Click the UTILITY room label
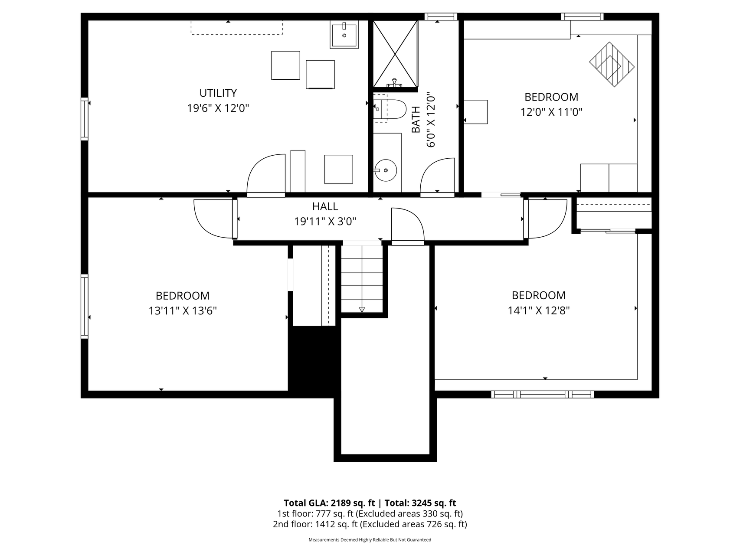pyautogui.click(x=218, y=93)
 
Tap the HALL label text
pyautogui.click(x=325, y=206)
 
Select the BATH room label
pyautogui.click(x=416, y=120)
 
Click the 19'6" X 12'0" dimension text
pyautogui.click(x=218, y=108)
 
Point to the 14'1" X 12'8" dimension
pyautogui.click(x=538, y=310)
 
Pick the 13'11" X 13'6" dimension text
pyautogui.click(x=183, y=311)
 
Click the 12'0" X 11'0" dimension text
pyautogui.click(x=551, y=112)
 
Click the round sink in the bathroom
pyautogui.click(x=386, y=170)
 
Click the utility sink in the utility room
pyautogui.click(x=344, y=34)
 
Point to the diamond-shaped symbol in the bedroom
pyautogui.click(x=612, y=64)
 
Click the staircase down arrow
pyautogui.click(x=362, y=310)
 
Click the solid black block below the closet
pyautogui.click(x=313, y=360)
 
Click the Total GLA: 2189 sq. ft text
pyautogui.click(x=329, y=503)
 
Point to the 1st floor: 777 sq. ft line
pyautogui.click(x=370, y=514)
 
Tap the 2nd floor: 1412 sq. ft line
pyautogui.click(x=370, y=524)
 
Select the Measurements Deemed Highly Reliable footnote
pyautogui.click(x=370, y=540)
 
